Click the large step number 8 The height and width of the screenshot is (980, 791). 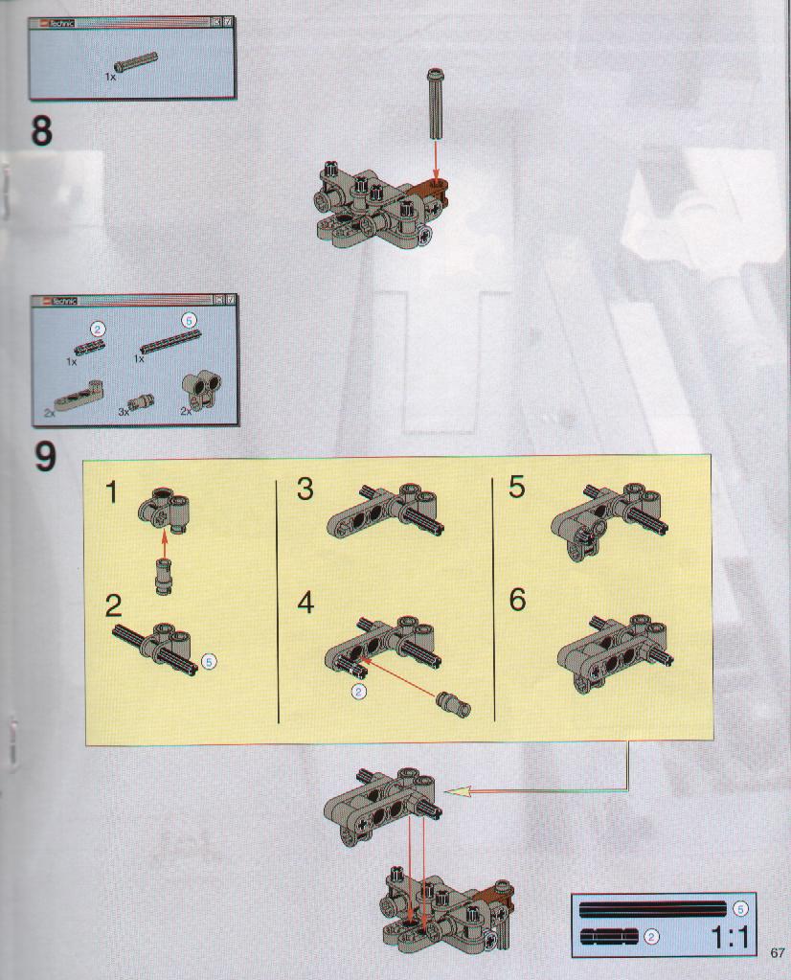point(41,131)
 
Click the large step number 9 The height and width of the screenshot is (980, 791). point(44,457)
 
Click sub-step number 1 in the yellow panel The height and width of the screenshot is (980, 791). point(111,492)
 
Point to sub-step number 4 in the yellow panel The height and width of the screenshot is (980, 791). point(305,604)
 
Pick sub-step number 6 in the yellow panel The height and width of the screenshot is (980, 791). point(517,600)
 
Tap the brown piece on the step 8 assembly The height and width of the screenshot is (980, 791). point(432,190)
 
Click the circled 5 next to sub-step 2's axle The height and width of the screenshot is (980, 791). point(210,661)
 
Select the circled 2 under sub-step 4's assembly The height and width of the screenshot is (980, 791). point(359,692)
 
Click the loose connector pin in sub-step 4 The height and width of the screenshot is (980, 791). point(455,704)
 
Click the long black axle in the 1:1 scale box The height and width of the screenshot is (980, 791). point(653,909)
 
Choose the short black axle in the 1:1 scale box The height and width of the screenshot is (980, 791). point(609,936)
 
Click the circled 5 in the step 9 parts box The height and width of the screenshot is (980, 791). point(189,321)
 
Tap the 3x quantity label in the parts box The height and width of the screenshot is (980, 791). point(124,412)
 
